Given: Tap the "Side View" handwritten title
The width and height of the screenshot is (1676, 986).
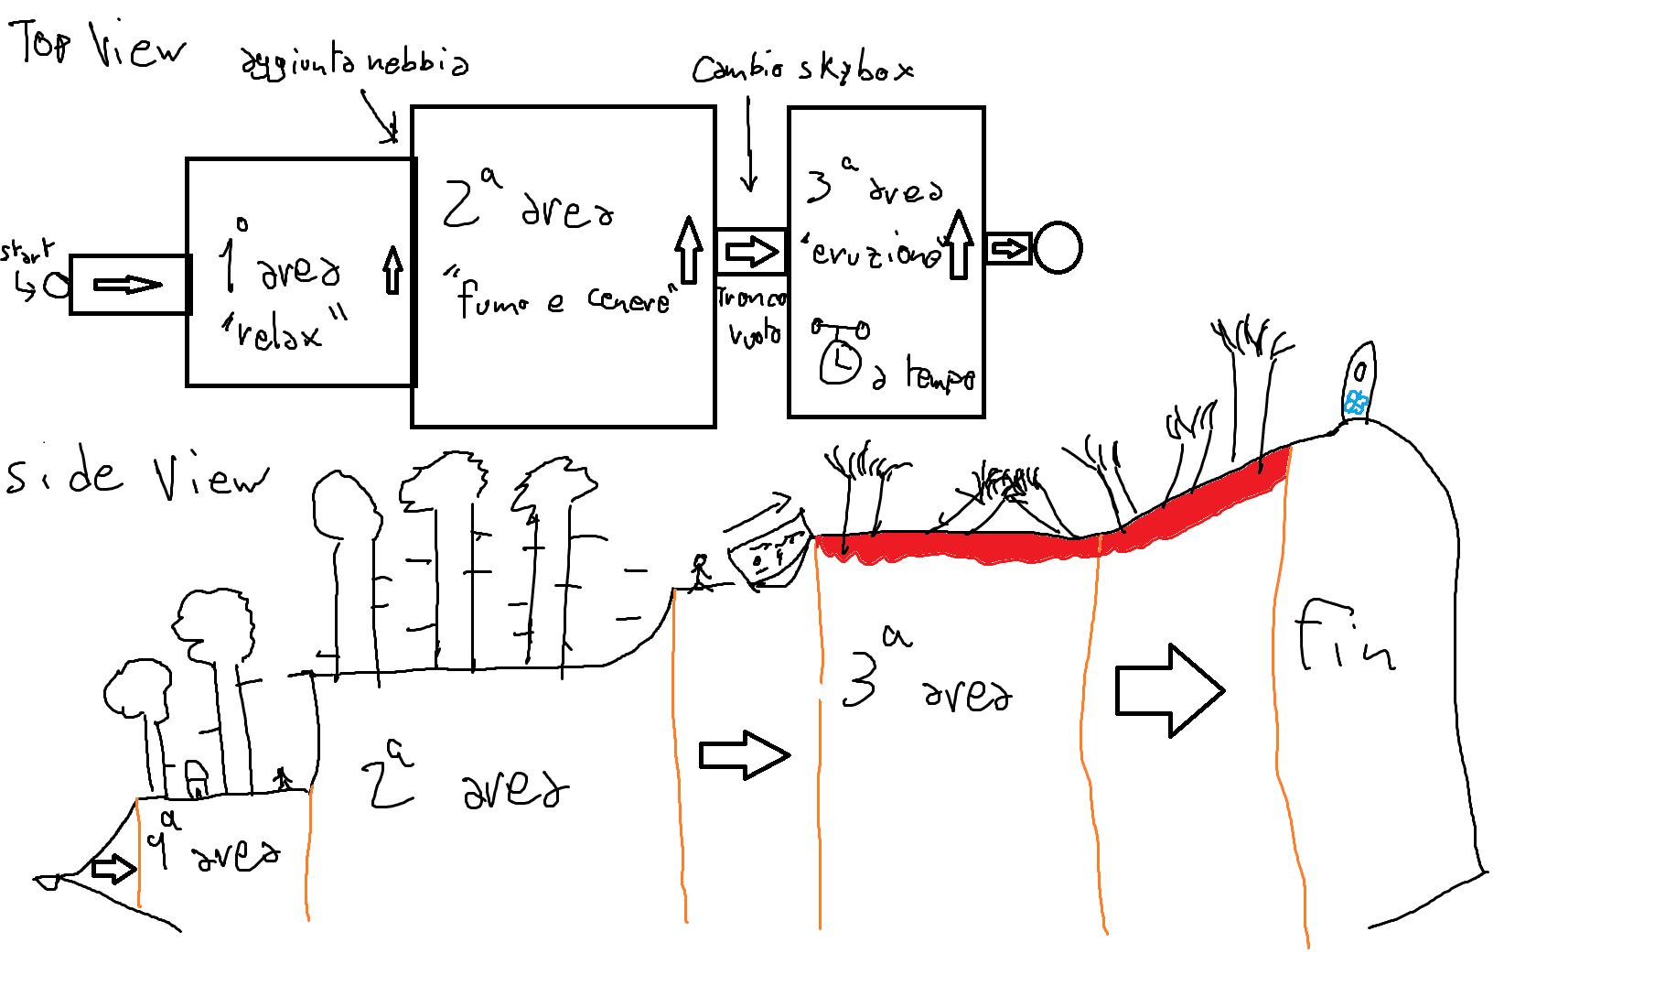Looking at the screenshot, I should pos(137,476).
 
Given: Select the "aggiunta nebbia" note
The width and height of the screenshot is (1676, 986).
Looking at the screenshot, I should pos(354,62).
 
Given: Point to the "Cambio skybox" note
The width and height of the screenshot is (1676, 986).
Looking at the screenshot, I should pos(802,68).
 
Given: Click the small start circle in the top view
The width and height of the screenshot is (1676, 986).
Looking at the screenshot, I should pos(57,285).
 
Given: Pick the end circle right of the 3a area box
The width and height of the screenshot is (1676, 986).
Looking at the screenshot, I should pos(1058,248).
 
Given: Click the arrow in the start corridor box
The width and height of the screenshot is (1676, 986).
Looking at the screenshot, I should pos(128,285).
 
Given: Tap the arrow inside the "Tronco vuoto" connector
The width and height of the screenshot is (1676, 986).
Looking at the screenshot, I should pos(751,251).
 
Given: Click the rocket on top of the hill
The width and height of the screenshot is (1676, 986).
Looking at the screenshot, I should pos(1359,382).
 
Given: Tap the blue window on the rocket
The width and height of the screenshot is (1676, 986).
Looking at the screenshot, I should pos(1356,401).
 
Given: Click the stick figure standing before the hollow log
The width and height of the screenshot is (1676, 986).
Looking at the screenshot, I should pos(701,572).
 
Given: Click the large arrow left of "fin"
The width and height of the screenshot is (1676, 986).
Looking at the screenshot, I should pos(1169,690).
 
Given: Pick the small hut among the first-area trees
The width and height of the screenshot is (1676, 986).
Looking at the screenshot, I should pos(196,778).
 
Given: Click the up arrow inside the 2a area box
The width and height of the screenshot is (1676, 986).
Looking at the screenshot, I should pos(688,249).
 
